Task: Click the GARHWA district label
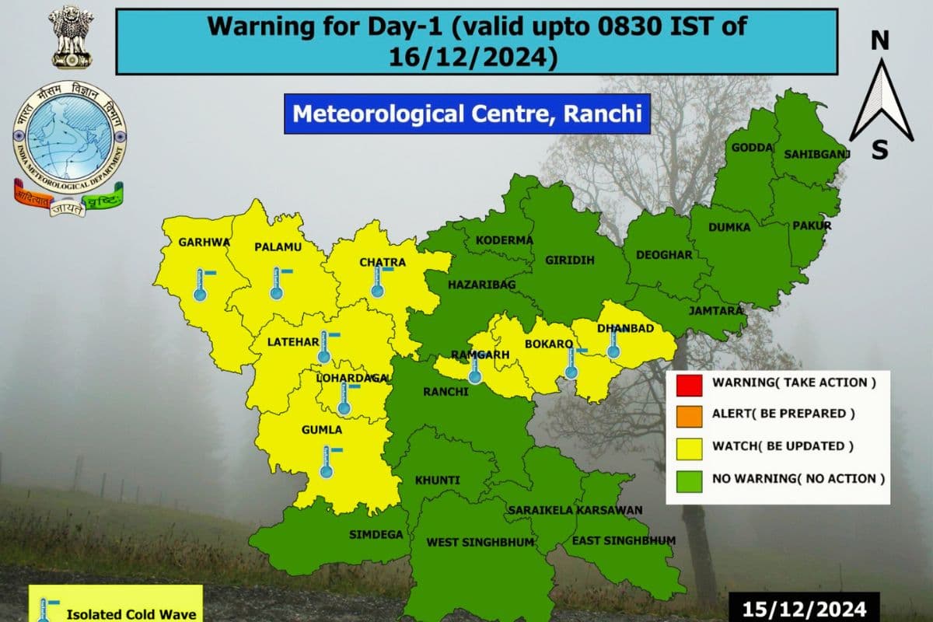[204, 242]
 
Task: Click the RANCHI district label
[446, 392]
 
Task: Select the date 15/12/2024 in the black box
[805, 606]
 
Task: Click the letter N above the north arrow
[879, 40]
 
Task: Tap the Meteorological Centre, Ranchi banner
[466, 114]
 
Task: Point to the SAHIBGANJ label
[816, 154]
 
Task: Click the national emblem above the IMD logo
[68, 37]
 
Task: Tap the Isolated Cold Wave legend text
[131, 613]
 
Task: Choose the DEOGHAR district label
[663, 255]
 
